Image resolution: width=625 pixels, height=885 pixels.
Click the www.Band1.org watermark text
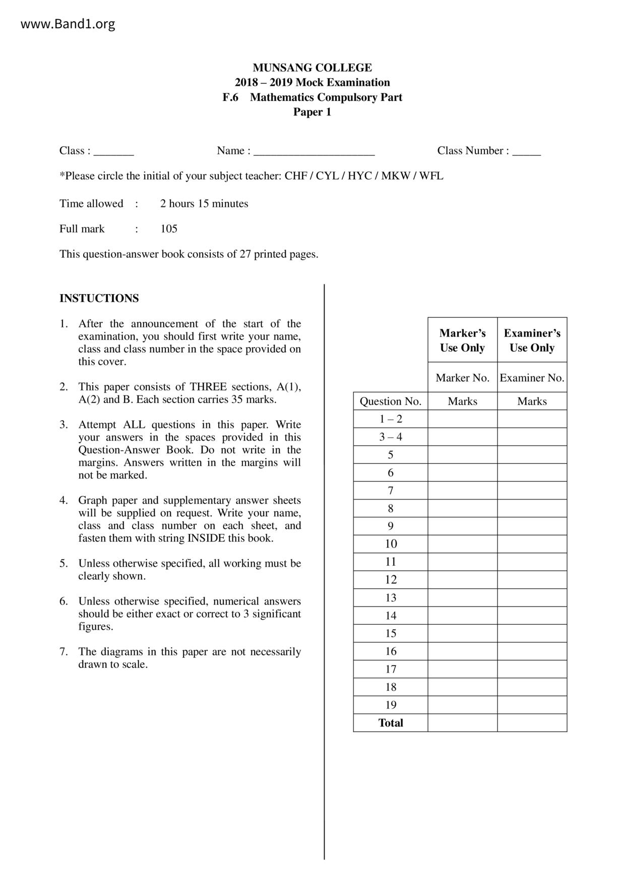click(68, 24)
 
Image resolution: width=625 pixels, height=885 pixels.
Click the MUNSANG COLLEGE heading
click(312, 68)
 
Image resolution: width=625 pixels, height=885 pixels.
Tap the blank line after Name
click(314, 152)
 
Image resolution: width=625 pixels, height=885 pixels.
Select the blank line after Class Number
click(526, 152)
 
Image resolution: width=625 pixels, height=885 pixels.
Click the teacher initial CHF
click(295, 176)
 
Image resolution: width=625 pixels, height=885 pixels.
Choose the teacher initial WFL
click(431, 176)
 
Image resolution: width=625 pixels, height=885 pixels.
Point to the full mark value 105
click(169, 229)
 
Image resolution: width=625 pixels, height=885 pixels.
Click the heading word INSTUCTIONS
click(99, 298)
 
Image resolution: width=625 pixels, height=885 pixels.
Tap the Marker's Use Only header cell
click(462, 340)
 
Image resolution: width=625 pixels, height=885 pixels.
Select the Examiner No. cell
click(532, 378)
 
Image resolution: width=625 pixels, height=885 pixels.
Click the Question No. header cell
click(390, 402)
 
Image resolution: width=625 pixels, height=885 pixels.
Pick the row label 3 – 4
click(391, 437)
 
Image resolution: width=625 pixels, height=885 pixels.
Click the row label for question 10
click(391, 544)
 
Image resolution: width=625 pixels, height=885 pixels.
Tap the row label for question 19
click(391, 705)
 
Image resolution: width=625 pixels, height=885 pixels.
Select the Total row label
click(391, 723)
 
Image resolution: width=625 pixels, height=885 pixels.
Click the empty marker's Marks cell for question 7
click(462, 490)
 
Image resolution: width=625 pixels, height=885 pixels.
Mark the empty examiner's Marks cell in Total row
click(532, 723)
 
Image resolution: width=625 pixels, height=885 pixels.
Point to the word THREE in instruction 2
click(209, 387)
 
